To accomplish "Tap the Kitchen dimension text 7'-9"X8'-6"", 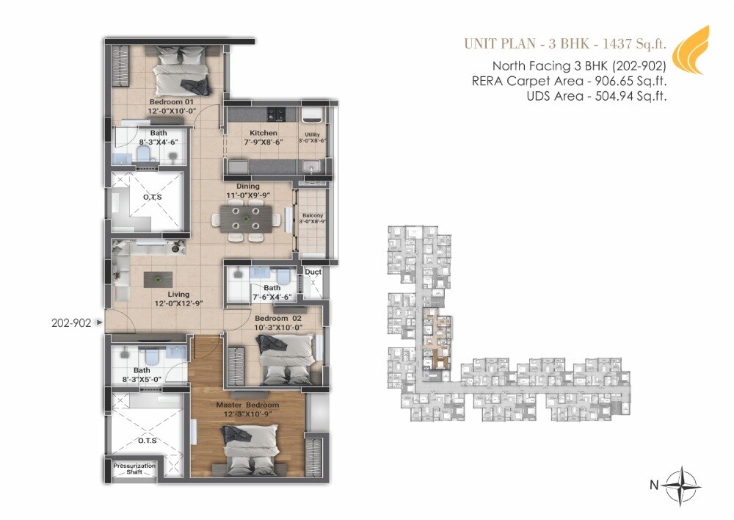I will tap(242, 143).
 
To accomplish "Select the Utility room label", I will tap(313, 134).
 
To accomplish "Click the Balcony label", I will tap(313, 216).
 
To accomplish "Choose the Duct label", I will tap(313, 272).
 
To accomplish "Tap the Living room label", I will tap(178, 295).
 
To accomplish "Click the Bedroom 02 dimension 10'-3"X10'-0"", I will tap(273, 328).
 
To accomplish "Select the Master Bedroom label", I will tap(247, 405).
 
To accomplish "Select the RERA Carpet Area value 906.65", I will tap(613, 81).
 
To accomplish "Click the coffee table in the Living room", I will tap(159, 278).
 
